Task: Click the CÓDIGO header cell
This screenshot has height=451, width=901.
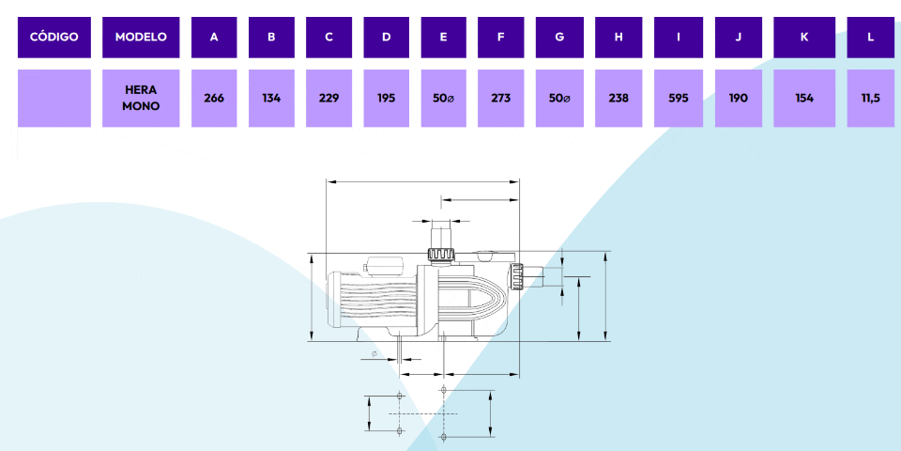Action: (53, 38)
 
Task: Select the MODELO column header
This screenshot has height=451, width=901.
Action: (141, 38)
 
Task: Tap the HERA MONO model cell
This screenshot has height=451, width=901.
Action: (141, 98)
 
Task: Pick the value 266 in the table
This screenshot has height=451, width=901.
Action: (214, 98)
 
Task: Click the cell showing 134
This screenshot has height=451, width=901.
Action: (271, 98)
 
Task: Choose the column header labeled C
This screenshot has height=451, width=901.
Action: (328, 38)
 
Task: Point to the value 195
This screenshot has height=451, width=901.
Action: (387, 98)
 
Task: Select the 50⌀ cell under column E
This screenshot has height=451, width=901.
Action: (444, 98)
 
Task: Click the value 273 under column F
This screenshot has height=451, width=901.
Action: (501, 98)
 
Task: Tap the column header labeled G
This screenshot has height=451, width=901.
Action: (559, 38)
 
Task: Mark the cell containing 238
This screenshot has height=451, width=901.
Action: (618, 98)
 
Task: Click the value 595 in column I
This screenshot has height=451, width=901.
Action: (678, 98)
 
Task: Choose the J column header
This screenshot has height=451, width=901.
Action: (739, 38)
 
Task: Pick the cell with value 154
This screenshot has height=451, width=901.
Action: (804, 98)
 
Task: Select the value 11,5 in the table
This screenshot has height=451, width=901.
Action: (871, 98)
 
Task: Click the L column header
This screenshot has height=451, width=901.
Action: (871, 38)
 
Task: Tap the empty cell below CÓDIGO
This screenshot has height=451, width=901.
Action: (53, 98)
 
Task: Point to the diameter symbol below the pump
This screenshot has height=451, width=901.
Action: (374, 353)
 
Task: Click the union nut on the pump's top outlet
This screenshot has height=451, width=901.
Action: (441, 255)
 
